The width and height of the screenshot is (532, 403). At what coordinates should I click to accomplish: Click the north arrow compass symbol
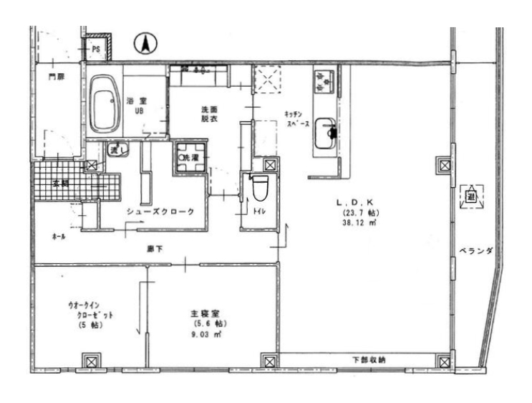click(144, 44)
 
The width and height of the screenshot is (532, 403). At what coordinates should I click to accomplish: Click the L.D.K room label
click(354, 203)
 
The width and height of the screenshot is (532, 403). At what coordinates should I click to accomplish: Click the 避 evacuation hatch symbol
click(472, 194)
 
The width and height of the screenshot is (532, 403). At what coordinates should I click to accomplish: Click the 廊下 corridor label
click(155, 249)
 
